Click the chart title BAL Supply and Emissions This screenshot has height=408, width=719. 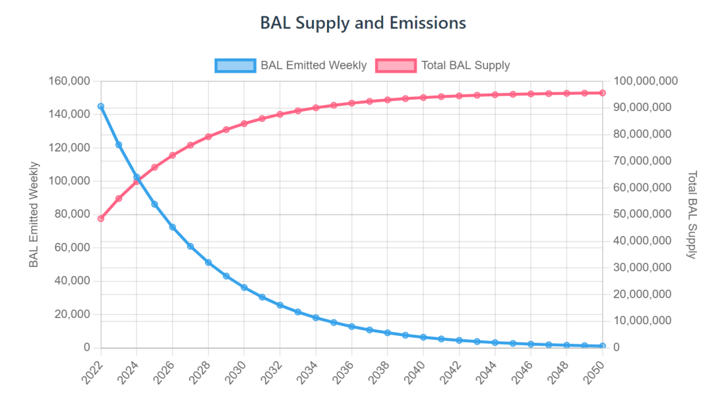pos(363,23)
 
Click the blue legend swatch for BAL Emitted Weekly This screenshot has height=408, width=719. pos(235,65)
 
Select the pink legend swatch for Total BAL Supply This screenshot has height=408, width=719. pos(396,65)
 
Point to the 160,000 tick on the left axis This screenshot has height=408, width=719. pos(69,81)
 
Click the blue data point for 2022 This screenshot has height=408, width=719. pos(101,106)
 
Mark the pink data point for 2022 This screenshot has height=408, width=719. pos(101,218)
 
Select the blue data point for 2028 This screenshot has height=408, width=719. pos(208,262)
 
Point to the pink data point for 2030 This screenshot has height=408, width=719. pos(244,123)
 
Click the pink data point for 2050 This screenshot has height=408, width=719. pos(602,93)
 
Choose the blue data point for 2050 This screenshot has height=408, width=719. pos(602,346)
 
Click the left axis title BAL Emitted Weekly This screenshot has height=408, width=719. pos(34,214)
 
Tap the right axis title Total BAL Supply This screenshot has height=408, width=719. pos(692,214)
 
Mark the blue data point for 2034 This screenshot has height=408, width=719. pos(315,318)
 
